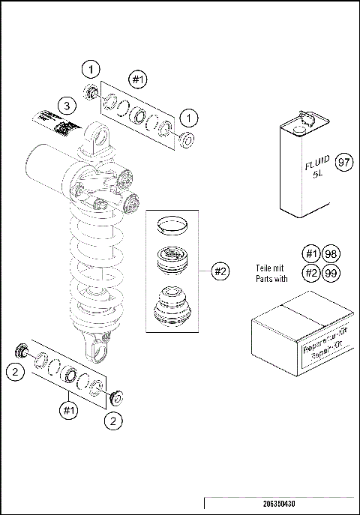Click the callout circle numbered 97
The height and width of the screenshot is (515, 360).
344,161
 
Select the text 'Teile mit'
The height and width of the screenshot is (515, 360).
271,266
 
